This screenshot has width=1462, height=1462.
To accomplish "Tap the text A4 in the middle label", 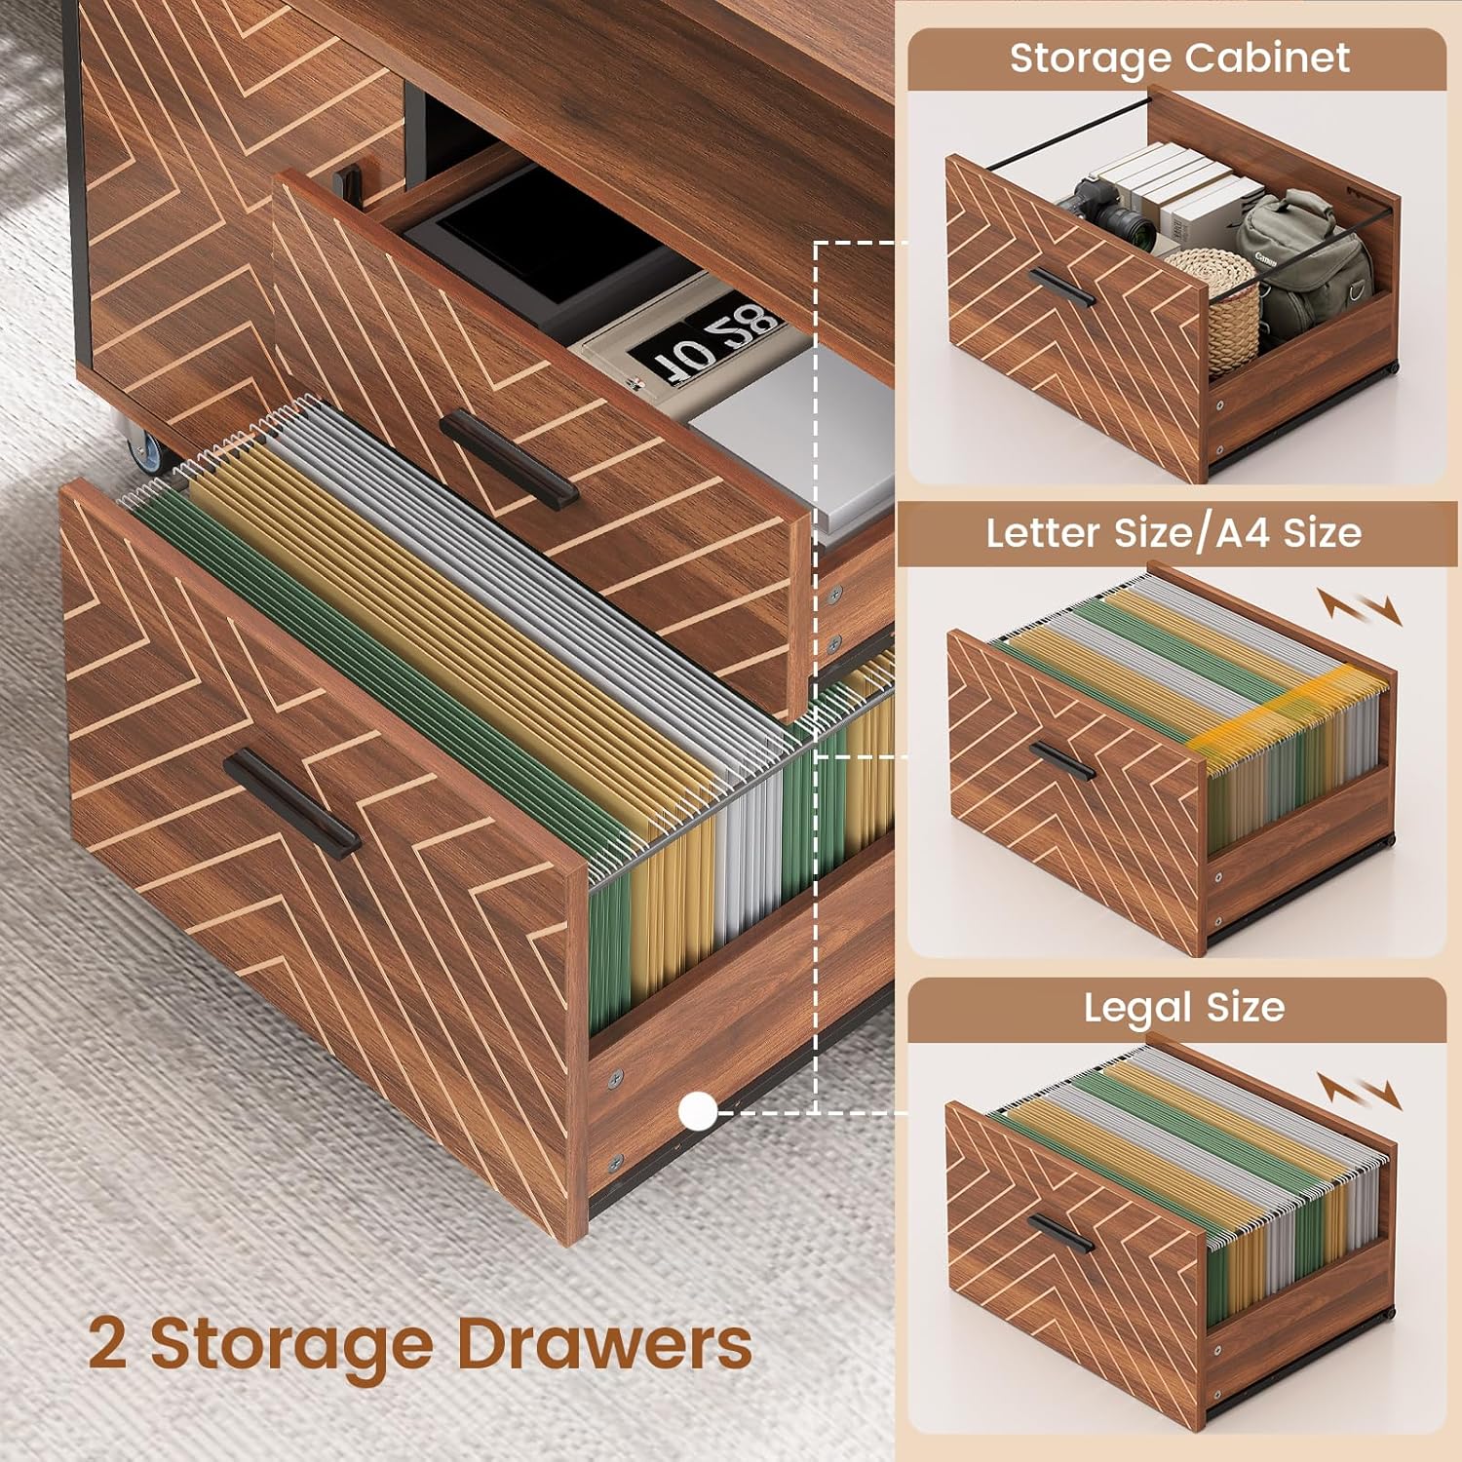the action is [1243, 533].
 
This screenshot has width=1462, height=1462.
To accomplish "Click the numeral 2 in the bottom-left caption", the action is [107, 1343].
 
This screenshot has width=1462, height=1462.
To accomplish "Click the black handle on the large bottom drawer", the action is [291, 802].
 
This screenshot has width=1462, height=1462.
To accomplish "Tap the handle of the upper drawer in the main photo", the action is [509, 458].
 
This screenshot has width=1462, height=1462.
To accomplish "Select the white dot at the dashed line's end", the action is [698, 1111].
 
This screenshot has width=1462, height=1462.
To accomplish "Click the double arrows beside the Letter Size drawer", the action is [1361, 607].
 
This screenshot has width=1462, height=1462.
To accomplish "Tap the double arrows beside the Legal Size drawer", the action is [1361, 1092].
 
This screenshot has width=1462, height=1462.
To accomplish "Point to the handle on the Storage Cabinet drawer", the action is [1061, 288].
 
